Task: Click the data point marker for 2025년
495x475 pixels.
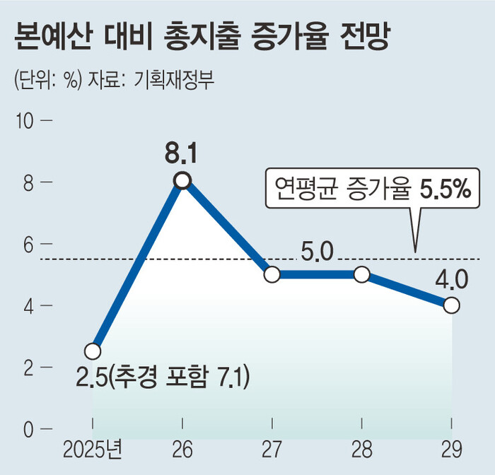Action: [92, 351]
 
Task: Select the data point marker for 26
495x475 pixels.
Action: [182, 181]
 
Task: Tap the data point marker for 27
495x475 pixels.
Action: [272, 274]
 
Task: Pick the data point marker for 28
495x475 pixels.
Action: [362, 274]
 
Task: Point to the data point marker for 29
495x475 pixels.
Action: [452, 305]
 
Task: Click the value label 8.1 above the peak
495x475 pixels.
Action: [182, 153]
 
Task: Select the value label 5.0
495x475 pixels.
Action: [316, 252]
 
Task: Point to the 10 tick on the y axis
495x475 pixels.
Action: [25, 121]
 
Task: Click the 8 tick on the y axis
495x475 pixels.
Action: [28, 182]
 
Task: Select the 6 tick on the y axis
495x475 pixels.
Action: [28, 244]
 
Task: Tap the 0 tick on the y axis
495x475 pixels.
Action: [28, 429]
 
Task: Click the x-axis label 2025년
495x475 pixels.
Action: [93, 450]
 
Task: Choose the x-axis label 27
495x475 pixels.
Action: [272, 450]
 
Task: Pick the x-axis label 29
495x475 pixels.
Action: [452, 450]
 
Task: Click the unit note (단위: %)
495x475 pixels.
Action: [47, 80]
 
